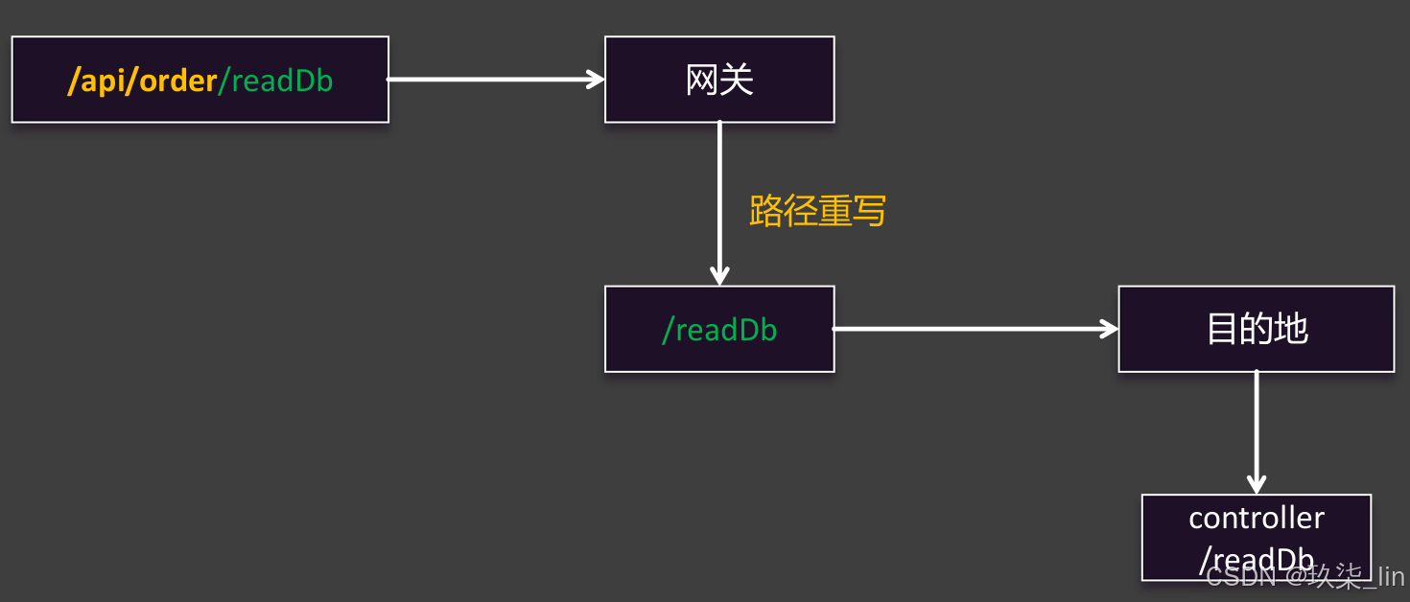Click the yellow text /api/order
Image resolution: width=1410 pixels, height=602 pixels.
[142, 81]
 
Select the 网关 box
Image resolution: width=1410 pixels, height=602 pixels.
[719, 80]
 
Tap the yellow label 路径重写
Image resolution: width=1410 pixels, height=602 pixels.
[817, 211]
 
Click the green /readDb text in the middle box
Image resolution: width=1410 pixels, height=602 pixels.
[719, 330]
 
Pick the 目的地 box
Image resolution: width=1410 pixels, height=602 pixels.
[1257, 329]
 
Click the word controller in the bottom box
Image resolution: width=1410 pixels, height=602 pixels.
[1257, 518]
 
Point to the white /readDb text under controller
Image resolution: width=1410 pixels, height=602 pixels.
[1257, 560]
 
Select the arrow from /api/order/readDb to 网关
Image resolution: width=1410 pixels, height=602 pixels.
[494, 80]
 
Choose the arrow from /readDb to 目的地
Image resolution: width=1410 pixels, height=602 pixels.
[974, 329]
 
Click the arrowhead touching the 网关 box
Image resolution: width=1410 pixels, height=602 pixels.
[596, 80]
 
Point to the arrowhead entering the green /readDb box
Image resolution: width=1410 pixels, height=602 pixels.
[719, 276]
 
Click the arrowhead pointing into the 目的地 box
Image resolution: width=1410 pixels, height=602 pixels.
[1110, 329]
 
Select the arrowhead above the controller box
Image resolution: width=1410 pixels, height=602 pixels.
[1257, 484]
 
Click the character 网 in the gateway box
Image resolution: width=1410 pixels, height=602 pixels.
[702, 80]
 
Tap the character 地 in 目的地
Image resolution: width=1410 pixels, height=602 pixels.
[1291, 329]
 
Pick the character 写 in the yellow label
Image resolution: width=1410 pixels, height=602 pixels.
[869, 211]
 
